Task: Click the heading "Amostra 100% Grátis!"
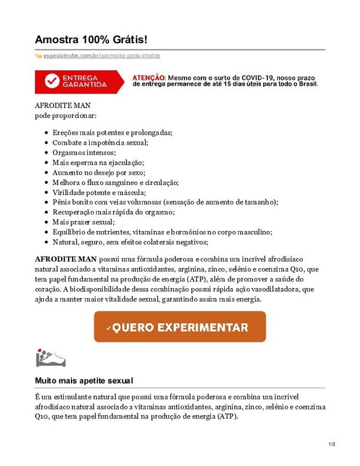click(x=91, y=40)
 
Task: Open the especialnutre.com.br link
click(x=71, y=56)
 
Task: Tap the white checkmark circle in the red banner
click(x=52, y=81)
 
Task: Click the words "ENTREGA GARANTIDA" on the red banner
click(x=85, y=81)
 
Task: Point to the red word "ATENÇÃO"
click(x=148, y=78)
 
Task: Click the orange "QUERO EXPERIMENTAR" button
click(x=179, y=327)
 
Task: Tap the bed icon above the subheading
click(x=50, y=359)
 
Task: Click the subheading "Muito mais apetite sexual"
click(x=84, y=381)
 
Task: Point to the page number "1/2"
click(x=332, y=444)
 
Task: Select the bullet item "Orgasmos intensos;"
click(x=84, y=152)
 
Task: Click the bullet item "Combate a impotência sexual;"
click(x=100, y=142)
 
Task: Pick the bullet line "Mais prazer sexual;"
click(x=84, y=222)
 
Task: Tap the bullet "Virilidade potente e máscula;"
click(x=99, y=192)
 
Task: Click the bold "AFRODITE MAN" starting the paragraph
click(x=65, y=259)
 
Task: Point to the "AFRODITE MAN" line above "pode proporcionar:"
click(x=63, y=105)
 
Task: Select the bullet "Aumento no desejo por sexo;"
click(x=99, y=172)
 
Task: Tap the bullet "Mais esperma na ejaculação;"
click(x=98, y=162)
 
